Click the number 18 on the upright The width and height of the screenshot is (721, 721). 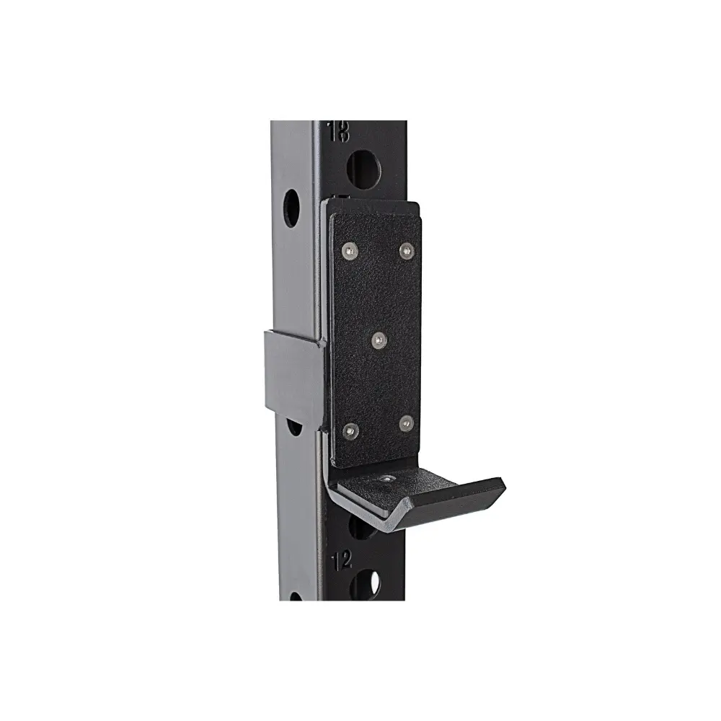[x=338, y=131]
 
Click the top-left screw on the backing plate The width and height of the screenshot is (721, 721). [x=349, y=249]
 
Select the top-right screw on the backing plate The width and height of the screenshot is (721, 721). [x=406, y=250]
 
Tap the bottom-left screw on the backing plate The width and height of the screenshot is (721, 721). [x=350, y=430]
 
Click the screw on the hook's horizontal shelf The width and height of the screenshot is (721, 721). [x=389, y=478]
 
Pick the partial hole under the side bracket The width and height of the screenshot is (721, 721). [x=294, y=428]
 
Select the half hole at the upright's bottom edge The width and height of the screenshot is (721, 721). [x=295, y=596]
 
